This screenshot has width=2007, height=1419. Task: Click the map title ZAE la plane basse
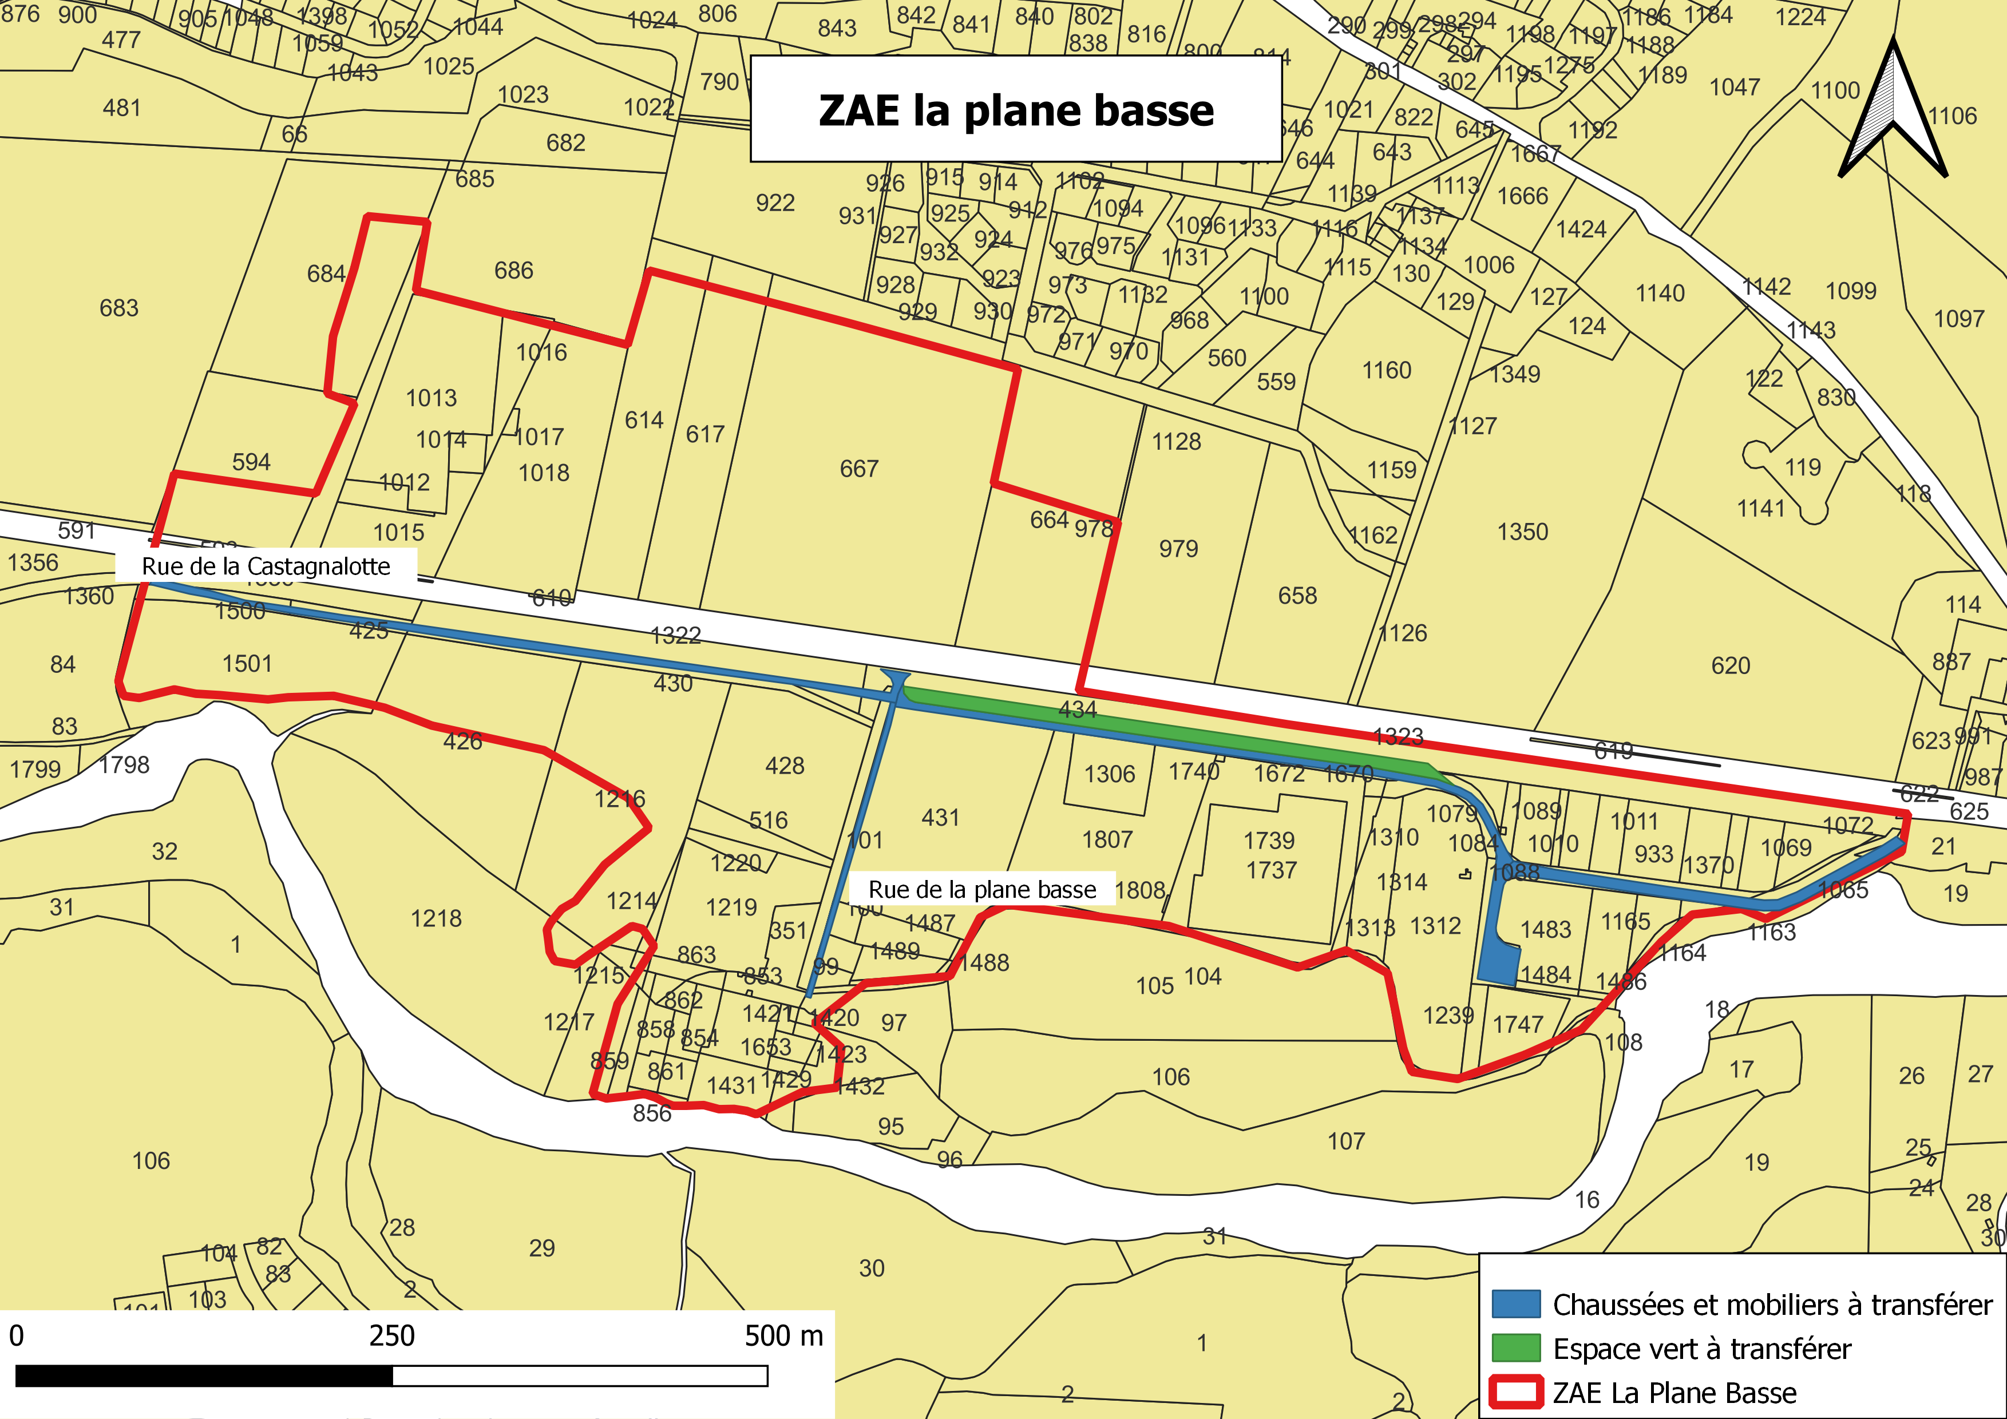1016,110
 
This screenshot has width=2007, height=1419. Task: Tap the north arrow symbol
1891,114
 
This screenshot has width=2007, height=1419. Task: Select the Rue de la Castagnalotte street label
266,566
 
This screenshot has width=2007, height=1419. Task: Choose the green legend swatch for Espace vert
1515,1348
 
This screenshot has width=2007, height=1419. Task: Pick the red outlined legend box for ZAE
1515,1392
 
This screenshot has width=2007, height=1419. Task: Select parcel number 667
858,469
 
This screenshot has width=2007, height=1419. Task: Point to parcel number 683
119,308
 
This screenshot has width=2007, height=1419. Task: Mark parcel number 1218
436,918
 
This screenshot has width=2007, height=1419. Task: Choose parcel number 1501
247,664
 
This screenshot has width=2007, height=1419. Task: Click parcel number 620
1730,666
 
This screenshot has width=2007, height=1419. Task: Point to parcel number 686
513,271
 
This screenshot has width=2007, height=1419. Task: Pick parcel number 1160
1387,370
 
